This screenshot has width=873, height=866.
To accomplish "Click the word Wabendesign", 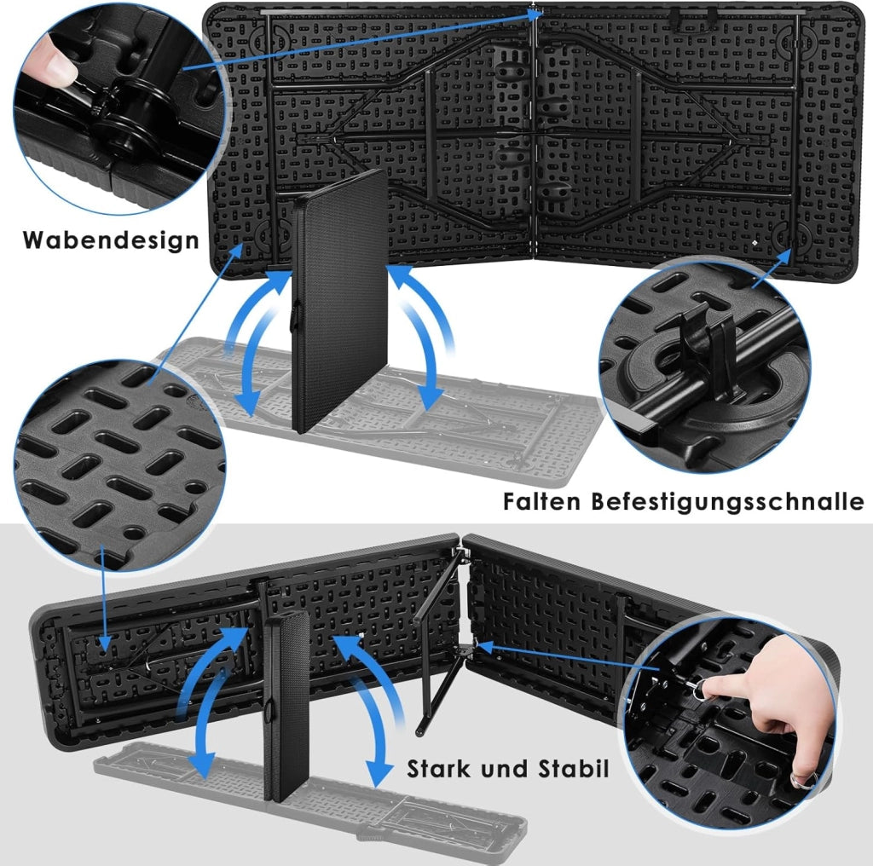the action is click(111, 240).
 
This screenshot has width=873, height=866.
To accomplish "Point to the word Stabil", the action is click(573, 769).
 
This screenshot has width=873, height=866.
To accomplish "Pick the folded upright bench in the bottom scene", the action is click(286, 707).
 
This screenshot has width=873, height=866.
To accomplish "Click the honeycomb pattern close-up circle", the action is click(119, 466).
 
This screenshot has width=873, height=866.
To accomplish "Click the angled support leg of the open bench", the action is click(440, 640).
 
